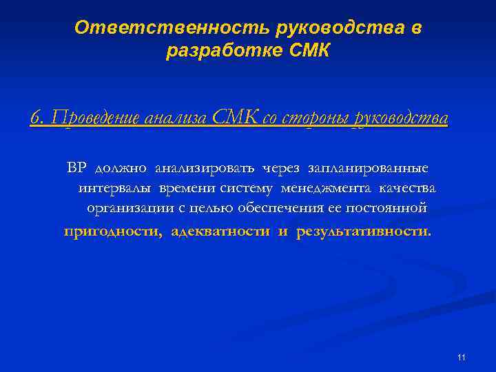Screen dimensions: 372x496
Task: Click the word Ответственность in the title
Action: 171,28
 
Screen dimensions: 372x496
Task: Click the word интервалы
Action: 116,188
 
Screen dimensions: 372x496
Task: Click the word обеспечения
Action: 283,208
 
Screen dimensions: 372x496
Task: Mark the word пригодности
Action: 113,231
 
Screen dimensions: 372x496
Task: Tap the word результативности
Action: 363,231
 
